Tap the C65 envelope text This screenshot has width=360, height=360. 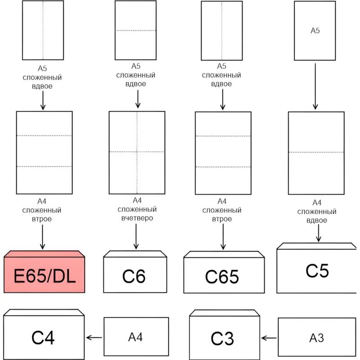point(223,277)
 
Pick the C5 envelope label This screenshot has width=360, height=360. point(317,271)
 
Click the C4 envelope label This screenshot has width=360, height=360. point(43,337)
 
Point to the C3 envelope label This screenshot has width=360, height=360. point(222,338)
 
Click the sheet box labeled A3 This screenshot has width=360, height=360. point(317,337)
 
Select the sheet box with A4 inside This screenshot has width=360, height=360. point(136,337)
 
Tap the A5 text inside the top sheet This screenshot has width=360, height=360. point(315,31)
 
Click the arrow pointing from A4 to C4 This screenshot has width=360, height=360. point(94,337)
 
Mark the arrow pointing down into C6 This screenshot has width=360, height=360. point(136,237)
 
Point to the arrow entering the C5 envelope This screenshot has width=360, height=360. point(319,233)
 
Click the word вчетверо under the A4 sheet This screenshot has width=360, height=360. point(137,218)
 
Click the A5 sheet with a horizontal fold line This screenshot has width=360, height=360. point(135,30)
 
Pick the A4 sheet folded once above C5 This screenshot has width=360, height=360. point(316,153)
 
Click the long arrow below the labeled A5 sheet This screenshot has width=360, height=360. point(315,86)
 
